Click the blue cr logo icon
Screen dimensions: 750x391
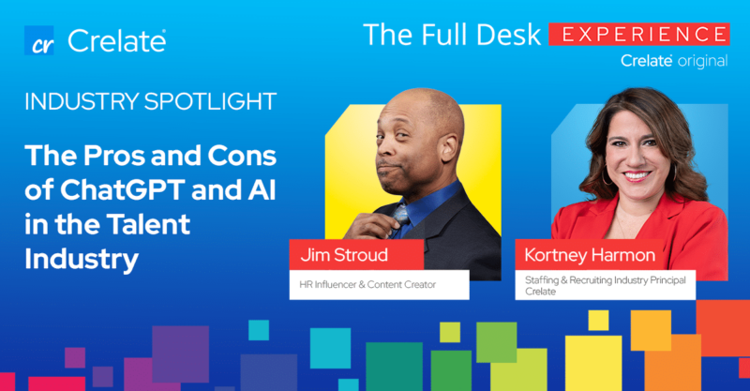point(38,40)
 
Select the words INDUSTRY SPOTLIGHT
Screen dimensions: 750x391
point(150,101)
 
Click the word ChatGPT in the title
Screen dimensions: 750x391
point(122,190)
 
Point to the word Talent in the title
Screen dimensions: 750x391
point(148,224)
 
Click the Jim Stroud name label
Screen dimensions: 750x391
point(344,255)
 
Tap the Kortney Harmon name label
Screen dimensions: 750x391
point(590,255)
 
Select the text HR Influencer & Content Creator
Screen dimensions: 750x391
point(367,285)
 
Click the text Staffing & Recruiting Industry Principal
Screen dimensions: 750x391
point(605,280)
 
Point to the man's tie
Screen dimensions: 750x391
point(401,217)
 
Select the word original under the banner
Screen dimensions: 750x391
point(702,61)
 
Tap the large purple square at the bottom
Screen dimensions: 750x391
point(180,354)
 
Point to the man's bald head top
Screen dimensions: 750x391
point(421,98)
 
